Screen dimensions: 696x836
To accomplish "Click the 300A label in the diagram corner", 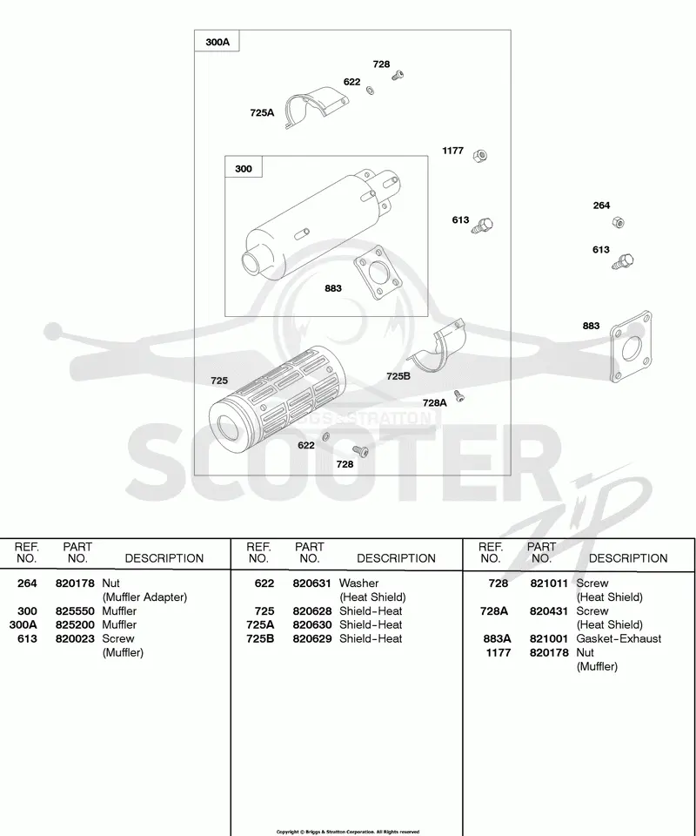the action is [217, 42].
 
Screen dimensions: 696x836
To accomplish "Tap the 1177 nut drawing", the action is [479, 155].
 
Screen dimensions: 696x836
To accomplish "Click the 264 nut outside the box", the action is [618, 222].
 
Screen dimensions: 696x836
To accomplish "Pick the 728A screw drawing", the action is [459, 395].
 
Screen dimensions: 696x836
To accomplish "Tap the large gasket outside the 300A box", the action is [632, 347].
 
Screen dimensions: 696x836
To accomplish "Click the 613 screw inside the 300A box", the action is [483, 226].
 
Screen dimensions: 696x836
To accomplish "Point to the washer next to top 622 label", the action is [370, 90].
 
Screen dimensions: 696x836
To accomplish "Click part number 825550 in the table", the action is [75, 611].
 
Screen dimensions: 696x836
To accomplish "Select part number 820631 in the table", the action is [311, 583].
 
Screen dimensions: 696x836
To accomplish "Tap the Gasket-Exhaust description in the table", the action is [619, 638].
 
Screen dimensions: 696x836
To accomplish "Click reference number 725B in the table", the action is [260, 638].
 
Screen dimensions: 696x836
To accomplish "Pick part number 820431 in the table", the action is [549, 611].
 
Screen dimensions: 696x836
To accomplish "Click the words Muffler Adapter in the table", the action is [144, 597].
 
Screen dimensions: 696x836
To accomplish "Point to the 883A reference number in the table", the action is [498, 638].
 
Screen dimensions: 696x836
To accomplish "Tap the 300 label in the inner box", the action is [244, 168].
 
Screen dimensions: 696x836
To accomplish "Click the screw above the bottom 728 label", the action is [360, 451].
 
